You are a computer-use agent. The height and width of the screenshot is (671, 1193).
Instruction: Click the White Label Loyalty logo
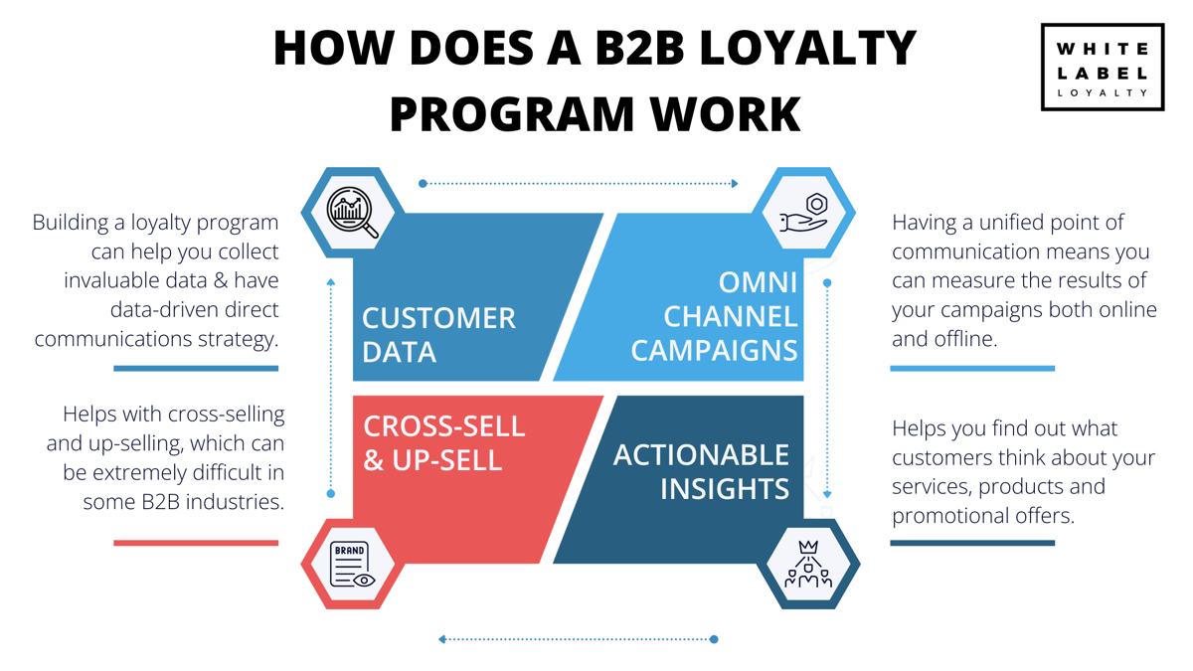point(1102,67)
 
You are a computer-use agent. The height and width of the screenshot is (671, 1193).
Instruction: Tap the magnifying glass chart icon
point(353,212)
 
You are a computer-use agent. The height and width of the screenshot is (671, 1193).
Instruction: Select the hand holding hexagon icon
point(804,212)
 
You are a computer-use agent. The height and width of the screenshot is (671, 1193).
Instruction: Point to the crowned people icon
point(807,564)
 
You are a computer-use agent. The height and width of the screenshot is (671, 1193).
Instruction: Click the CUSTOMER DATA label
point(438,334)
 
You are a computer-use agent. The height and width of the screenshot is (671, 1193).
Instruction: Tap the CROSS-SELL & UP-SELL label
point(443,442)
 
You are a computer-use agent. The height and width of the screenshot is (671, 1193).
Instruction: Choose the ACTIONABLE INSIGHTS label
point(701,471)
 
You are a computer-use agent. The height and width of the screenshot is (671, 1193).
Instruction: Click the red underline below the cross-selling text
point(196,543)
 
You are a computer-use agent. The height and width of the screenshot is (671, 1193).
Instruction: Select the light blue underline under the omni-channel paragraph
point(971,369)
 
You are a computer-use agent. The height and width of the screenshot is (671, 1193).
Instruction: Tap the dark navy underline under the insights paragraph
point(971,543)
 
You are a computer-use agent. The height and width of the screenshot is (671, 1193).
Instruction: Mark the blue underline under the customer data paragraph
point(196,369)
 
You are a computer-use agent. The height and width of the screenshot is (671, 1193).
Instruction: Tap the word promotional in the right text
point(954,516)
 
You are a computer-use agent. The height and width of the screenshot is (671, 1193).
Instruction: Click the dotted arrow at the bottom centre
point(578,639)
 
